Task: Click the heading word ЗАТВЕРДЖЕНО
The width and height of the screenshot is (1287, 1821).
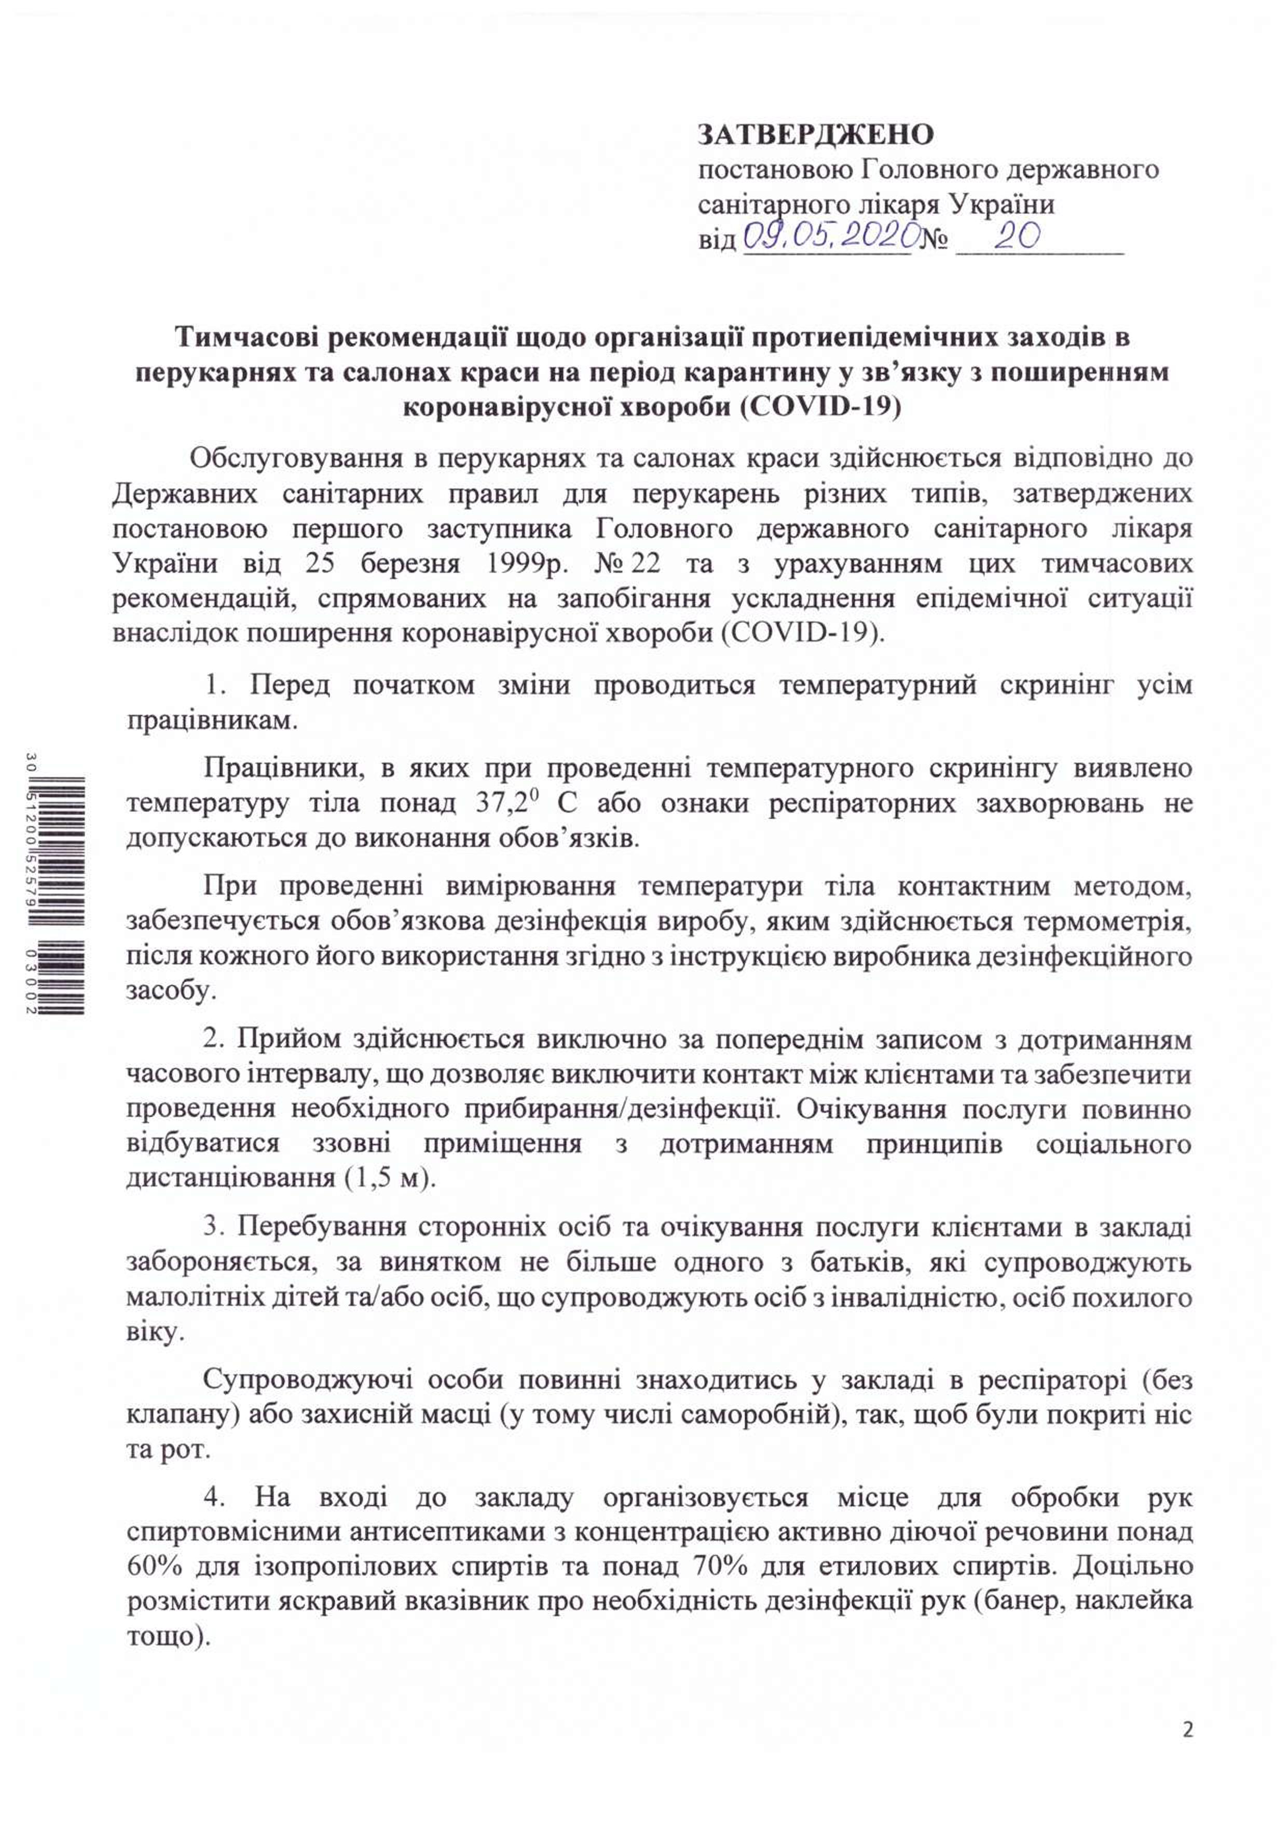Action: pyautogui.click(x=815, y=135)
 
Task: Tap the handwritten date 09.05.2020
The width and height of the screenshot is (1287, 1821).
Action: pyautogui.click(x=831, y=236)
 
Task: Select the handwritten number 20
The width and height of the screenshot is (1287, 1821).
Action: pyautogui.click(x=1017, y=236)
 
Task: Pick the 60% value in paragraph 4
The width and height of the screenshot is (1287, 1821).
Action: pyautogui.click(x=155, y=1567)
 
